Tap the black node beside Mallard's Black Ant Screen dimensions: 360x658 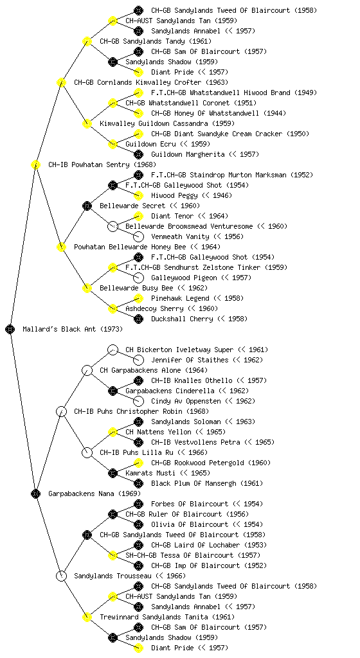point(10,330)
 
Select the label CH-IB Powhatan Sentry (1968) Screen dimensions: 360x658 point(102,165)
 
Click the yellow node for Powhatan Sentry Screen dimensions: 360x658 point(35,165)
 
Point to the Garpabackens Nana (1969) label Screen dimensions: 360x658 point(94,494)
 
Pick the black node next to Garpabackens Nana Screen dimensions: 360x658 point(35,494)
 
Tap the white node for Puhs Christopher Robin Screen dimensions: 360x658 point(61,412)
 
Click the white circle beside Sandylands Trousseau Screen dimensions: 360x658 point(61,576)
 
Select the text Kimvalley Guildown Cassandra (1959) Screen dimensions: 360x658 point(167,124)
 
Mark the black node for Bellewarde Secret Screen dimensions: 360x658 point(87,206)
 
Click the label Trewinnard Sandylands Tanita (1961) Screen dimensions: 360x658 point(167,618)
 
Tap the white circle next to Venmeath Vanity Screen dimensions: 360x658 point(138,236)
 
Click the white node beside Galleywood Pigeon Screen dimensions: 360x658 point(138,278)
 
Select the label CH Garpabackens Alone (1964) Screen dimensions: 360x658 point(153,371)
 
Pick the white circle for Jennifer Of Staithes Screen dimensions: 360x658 point(138,360)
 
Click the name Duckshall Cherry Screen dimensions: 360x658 point(182,319)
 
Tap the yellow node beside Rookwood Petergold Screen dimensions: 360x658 point(138,463)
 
